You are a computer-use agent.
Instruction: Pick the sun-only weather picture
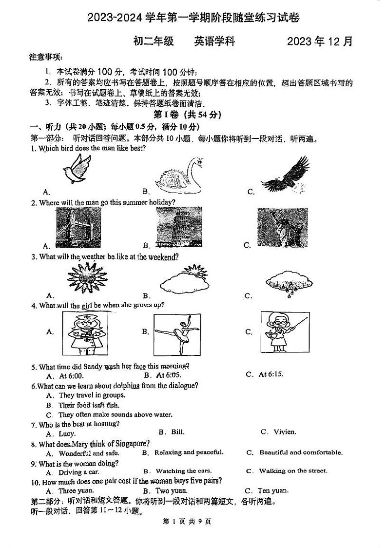(x=86, y=279)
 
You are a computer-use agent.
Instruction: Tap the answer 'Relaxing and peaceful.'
(x=189, y=452)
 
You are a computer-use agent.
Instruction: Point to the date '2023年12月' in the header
(x=319, y=41)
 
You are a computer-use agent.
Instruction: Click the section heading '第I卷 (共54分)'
(x=187, y=115)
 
